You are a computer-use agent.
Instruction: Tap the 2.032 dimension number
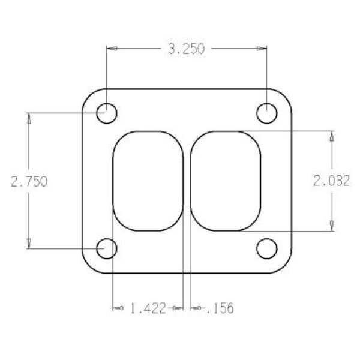click(x=332, y=181)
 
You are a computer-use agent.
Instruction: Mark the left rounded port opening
click(x=148, y=181)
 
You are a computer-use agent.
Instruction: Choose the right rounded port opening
click(x=226, y=181)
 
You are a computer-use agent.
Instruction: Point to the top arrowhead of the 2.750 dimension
click(x=29, y=117)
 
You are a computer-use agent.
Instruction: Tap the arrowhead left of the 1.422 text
click(x=117, y=308)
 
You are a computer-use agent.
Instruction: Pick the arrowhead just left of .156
click(x=196, y=308)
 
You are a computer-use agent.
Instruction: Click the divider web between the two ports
click(x=187, y=181)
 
